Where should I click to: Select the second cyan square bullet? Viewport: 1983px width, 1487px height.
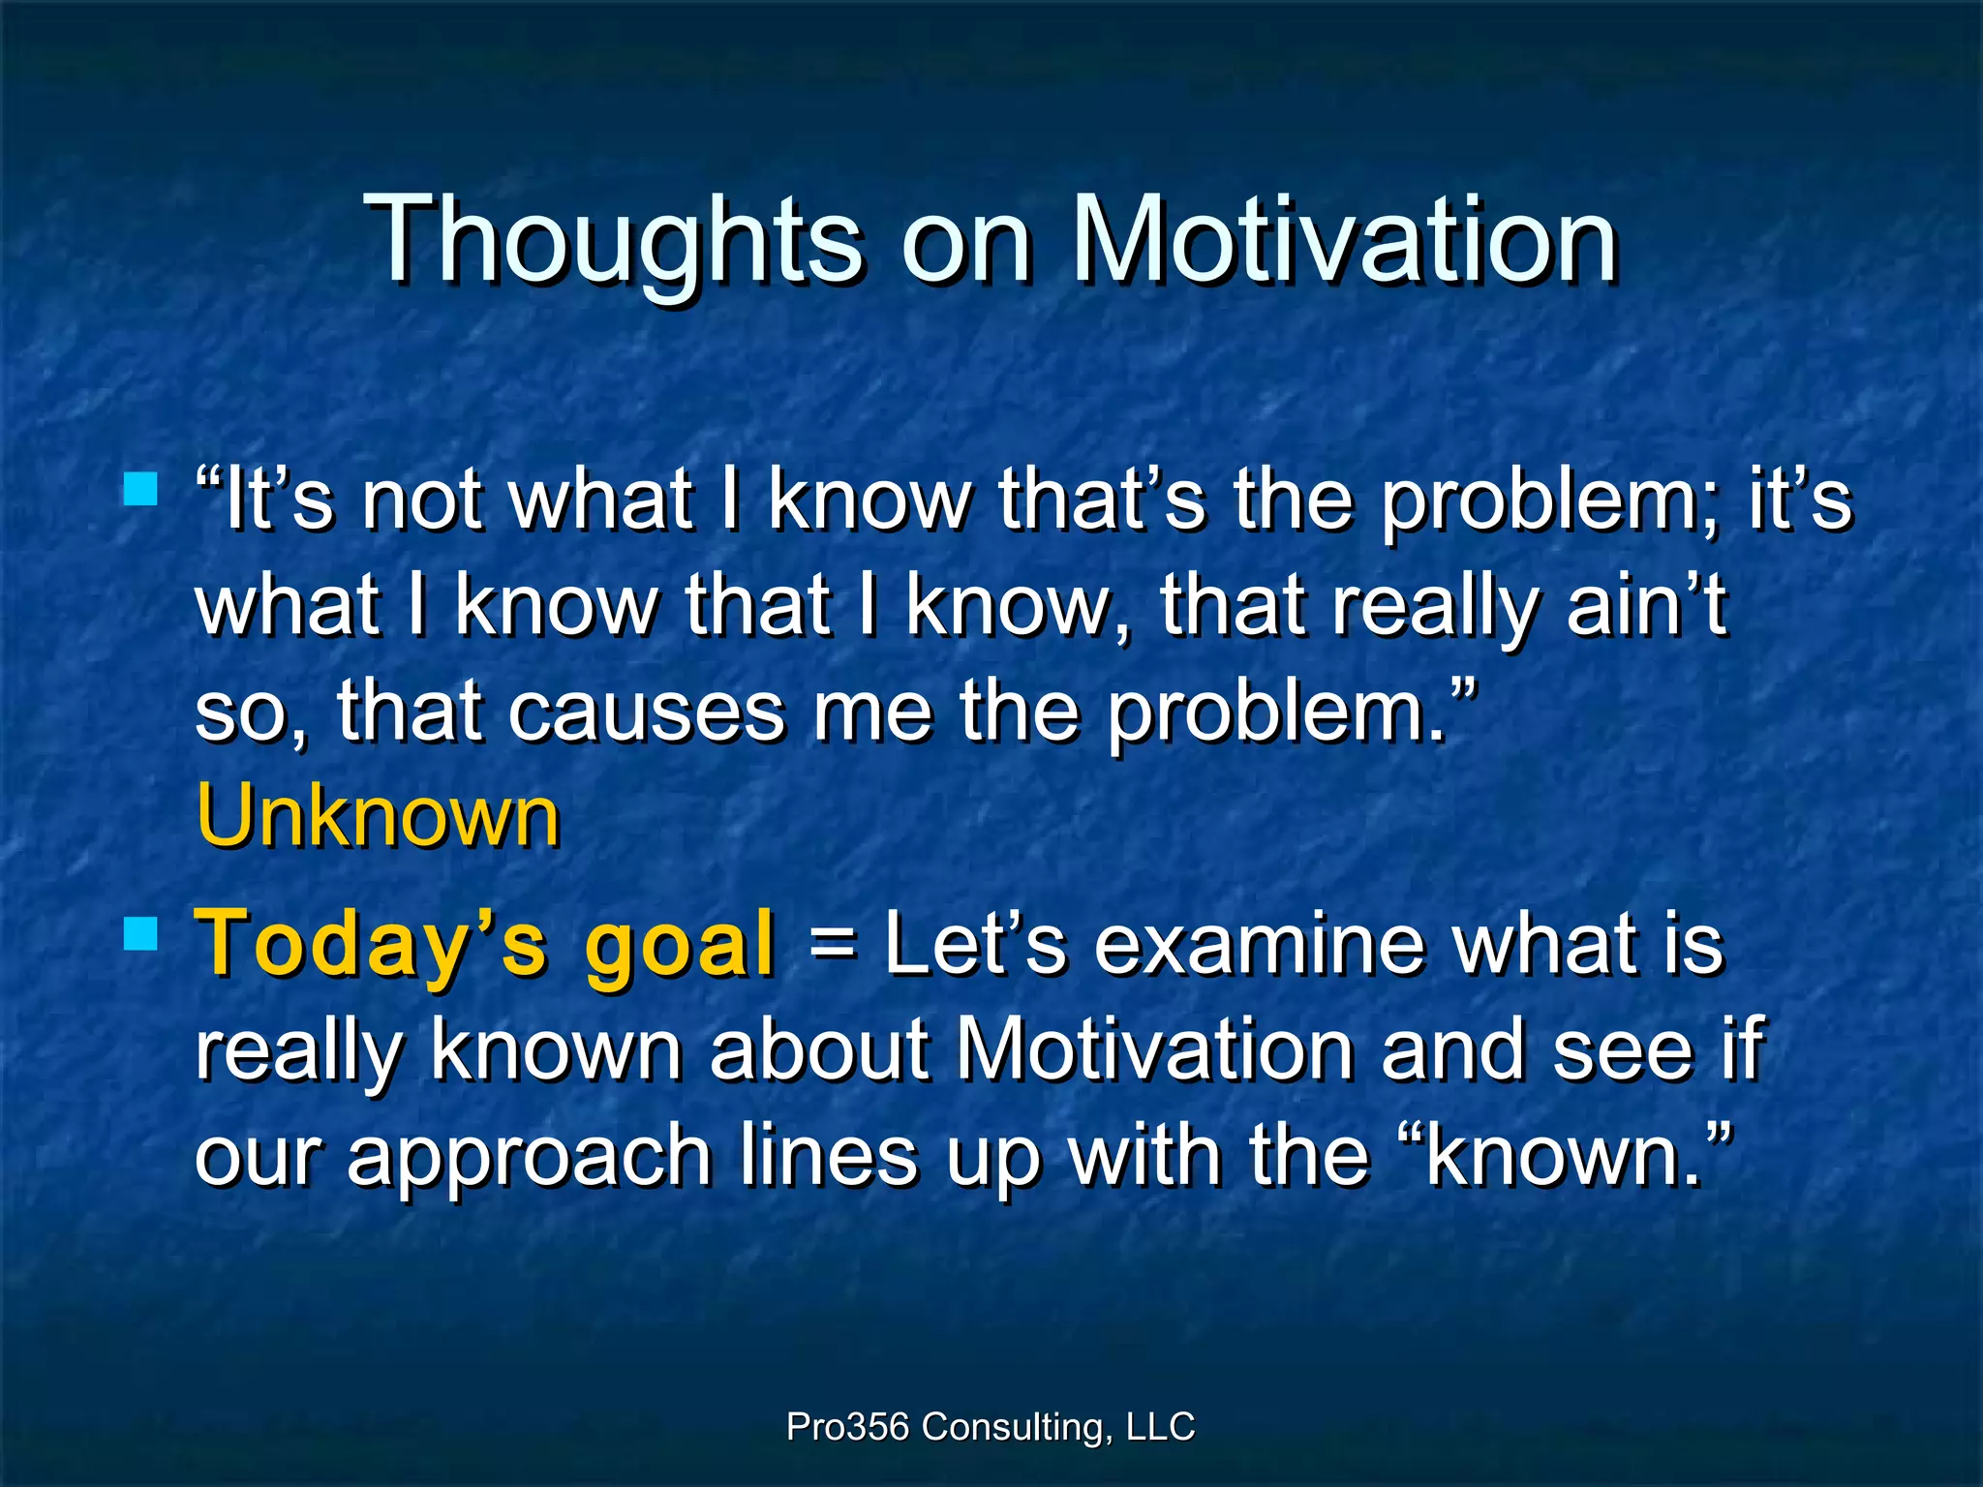tap(141, 935)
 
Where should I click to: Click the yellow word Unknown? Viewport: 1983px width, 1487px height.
tap(378, 816)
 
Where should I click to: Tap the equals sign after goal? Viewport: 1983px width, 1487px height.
tap(832, 944)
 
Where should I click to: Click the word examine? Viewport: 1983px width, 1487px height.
tap(1259, 944)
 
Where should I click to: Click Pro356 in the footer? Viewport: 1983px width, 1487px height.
tap(847, 1426)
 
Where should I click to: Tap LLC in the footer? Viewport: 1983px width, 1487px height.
tap(1161, 1426)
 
